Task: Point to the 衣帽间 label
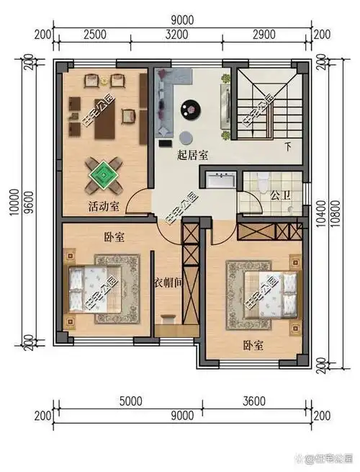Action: (168, 283)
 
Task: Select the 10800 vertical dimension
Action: (333, 213)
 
